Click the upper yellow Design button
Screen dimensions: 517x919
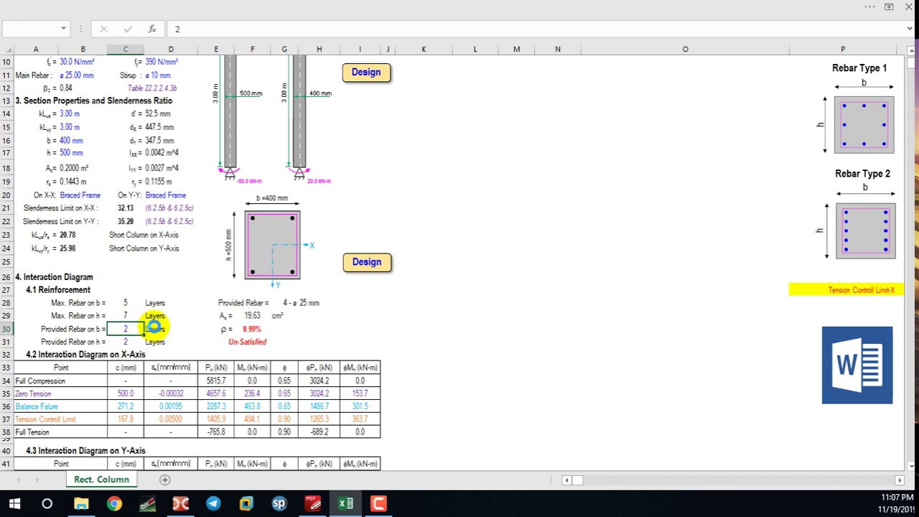[x=366, y=73]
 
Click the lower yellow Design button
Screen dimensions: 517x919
[x=366, y=262]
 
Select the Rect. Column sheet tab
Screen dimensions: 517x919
[x=101, y=480]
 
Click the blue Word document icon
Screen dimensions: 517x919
[x=857, y=365]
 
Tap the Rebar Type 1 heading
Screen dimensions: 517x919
[x=859, y=68]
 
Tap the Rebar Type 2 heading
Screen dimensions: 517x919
[x=862, y=174]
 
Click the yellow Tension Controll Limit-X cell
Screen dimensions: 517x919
[x=846, y=290]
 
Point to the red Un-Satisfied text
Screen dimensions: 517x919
[x=247, y=342]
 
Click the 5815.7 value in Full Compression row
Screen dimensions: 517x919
[x=215, y=381]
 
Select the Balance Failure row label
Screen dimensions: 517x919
[x=37, y=406]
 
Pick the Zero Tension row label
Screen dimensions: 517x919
[x=34, y=393]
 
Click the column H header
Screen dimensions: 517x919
[x=319, y=50]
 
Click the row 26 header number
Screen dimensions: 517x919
[x=6, y=277]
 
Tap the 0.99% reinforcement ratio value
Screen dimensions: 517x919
[x=251, y=329]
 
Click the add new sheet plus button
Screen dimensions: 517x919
[x=165, y=480]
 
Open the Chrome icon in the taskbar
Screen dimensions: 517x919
[x=114, y=503]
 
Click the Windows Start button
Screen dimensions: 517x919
[x=14, y=503]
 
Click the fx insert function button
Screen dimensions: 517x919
[x=152, y=29]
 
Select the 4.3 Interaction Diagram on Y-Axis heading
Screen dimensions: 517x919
[x=85, y=451]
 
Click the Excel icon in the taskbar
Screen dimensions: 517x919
[x=345, y=503]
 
